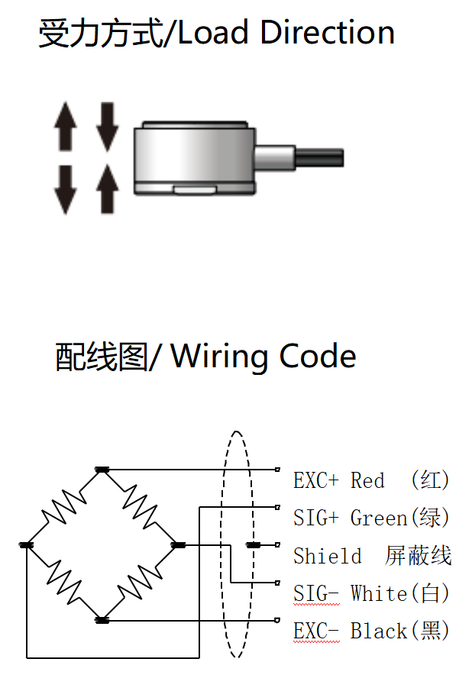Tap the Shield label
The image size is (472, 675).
328,556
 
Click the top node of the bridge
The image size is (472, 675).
102,470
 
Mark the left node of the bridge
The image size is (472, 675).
27,544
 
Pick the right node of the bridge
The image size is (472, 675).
178,544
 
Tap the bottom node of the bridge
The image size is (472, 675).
102,619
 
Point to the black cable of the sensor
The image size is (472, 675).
318,158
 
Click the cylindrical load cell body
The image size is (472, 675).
193,157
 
